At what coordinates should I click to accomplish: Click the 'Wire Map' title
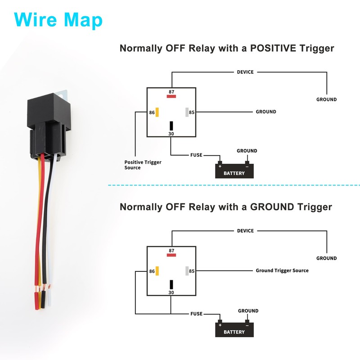click(58, 19)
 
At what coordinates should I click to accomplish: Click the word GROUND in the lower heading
click(263, 207)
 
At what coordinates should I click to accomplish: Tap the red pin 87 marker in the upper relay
click(171, 96)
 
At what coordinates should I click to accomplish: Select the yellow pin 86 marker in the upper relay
click(157, 112)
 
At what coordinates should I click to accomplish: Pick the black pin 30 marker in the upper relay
click(171, 126)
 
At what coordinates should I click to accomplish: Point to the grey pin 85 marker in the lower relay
click(186, 271)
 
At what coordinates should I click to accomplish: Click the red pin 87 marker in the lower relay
click(171, 255)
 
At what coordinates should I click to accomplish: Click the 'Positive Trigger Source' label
click(143, 165)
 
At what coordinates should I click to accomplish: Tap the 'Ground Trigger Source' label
click(282, 270)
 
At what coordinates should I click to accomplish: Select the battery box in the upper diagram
click(234, 171)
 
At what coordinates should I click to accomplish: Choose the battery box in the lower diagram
click(234, 330)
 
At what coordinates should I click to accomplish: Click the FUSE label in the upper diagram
click(196, 155)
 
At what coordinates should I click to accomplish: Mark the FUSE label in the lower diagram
click(196, 314)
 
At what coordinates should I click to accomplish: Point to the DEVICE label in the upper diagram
click(245, 72)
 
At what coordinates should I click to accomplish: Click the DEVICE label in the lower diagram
click(245, 231)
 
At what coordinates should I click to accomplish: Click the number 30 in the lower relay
click(171, 292)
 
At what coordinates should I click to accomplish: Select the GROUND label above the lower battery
click(248, 311)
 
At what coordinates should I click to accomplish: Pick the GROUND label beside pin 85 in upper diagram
click(266, 112)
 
